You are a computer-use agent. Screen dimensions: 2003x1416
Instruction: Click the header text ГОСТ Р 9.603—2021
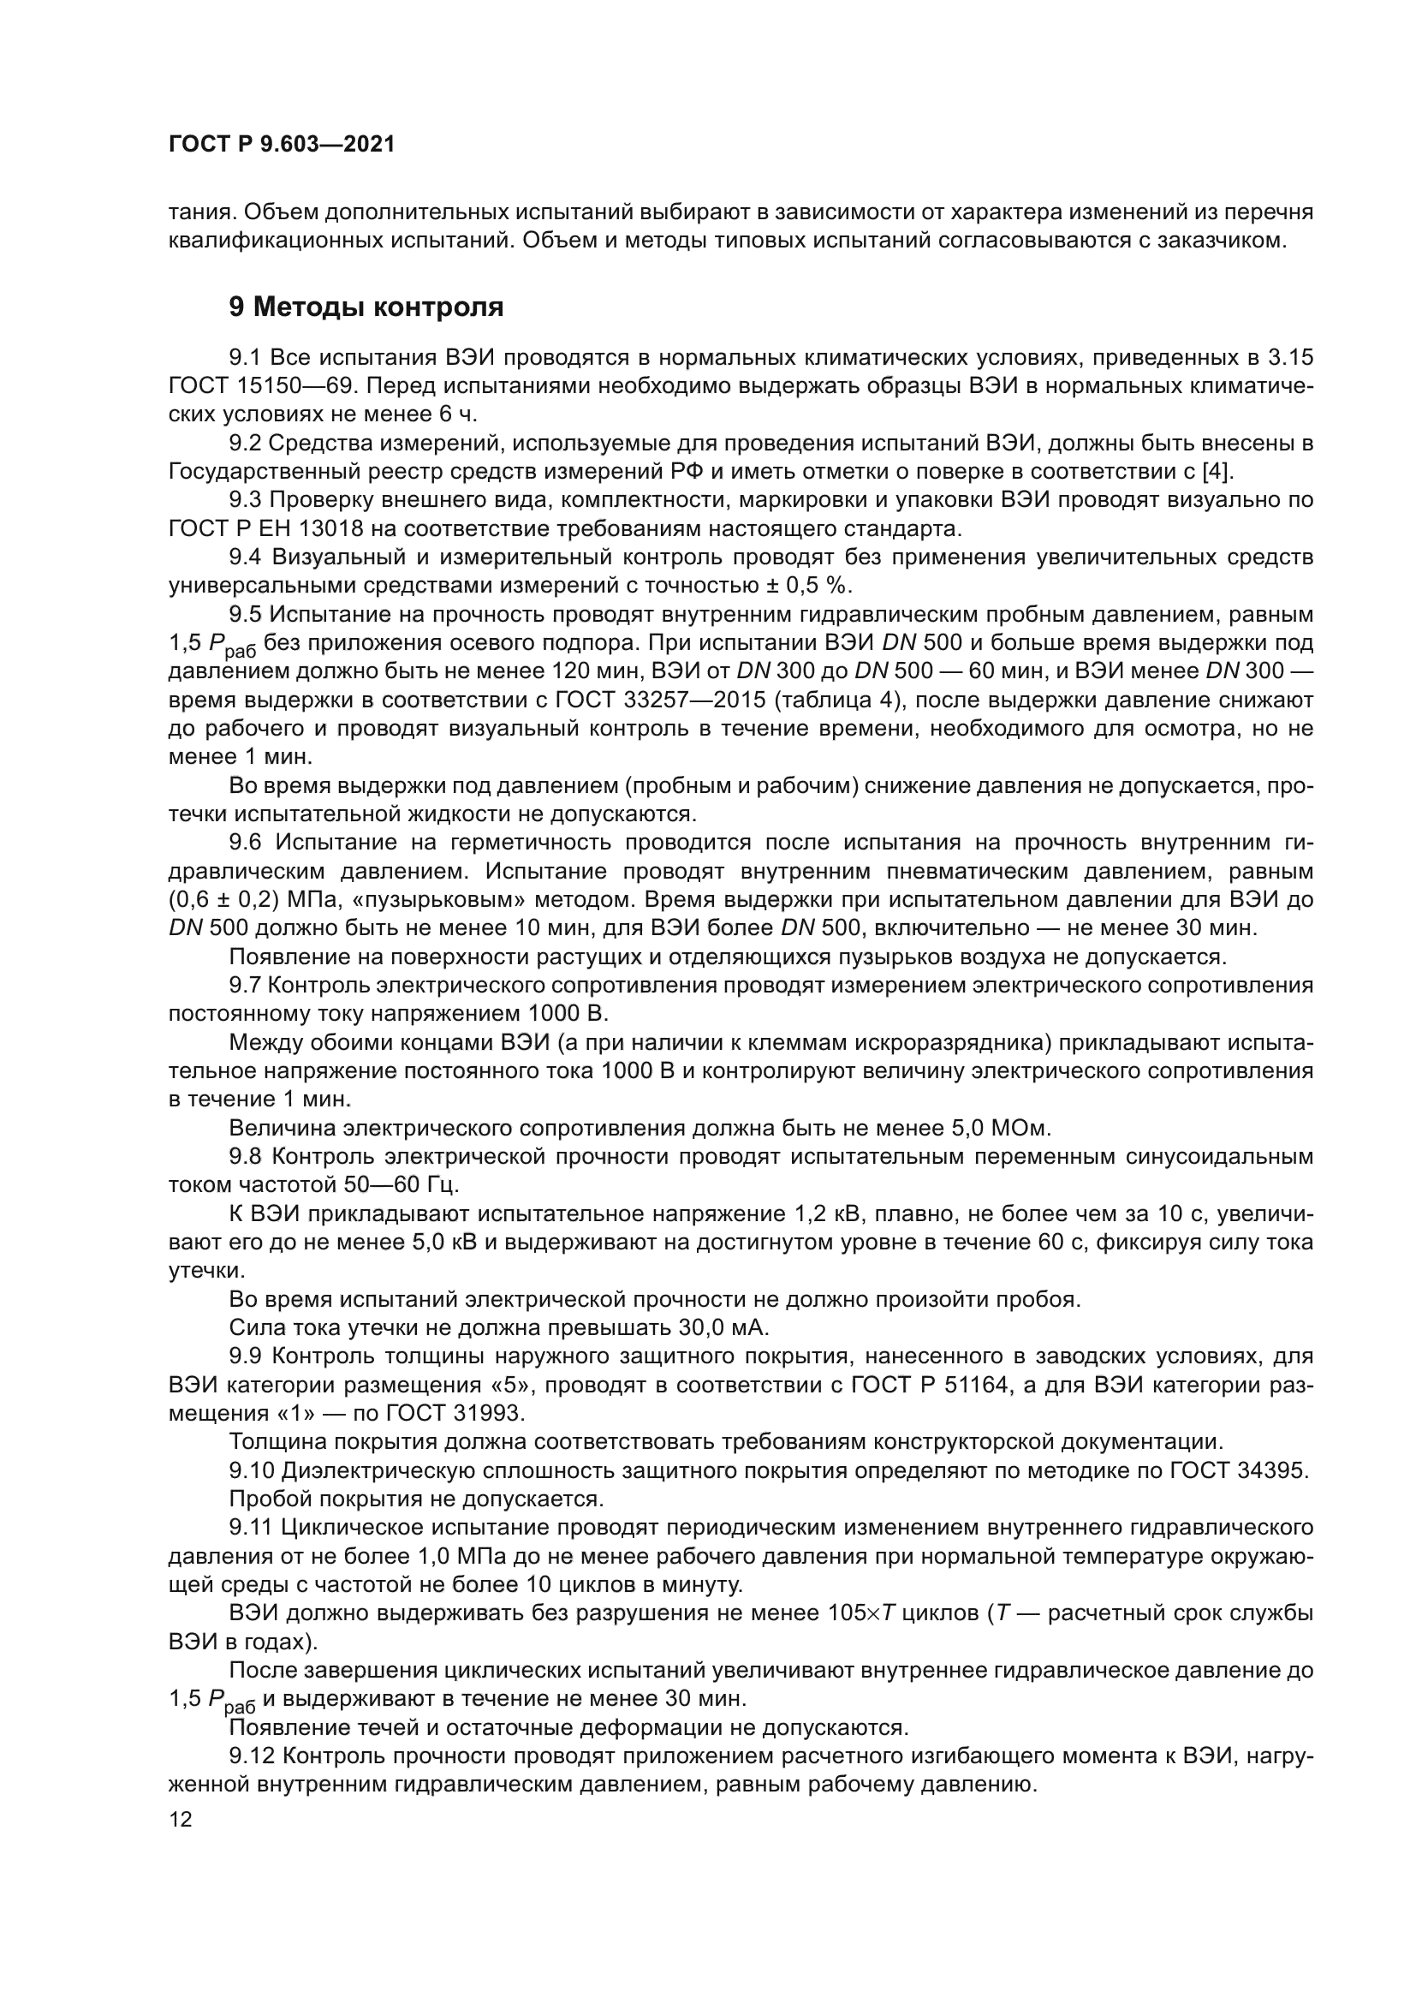(x=281, y=144)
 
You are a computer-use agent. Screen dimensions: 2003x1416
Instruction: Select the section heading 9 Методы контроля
(x=366, y=307)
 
